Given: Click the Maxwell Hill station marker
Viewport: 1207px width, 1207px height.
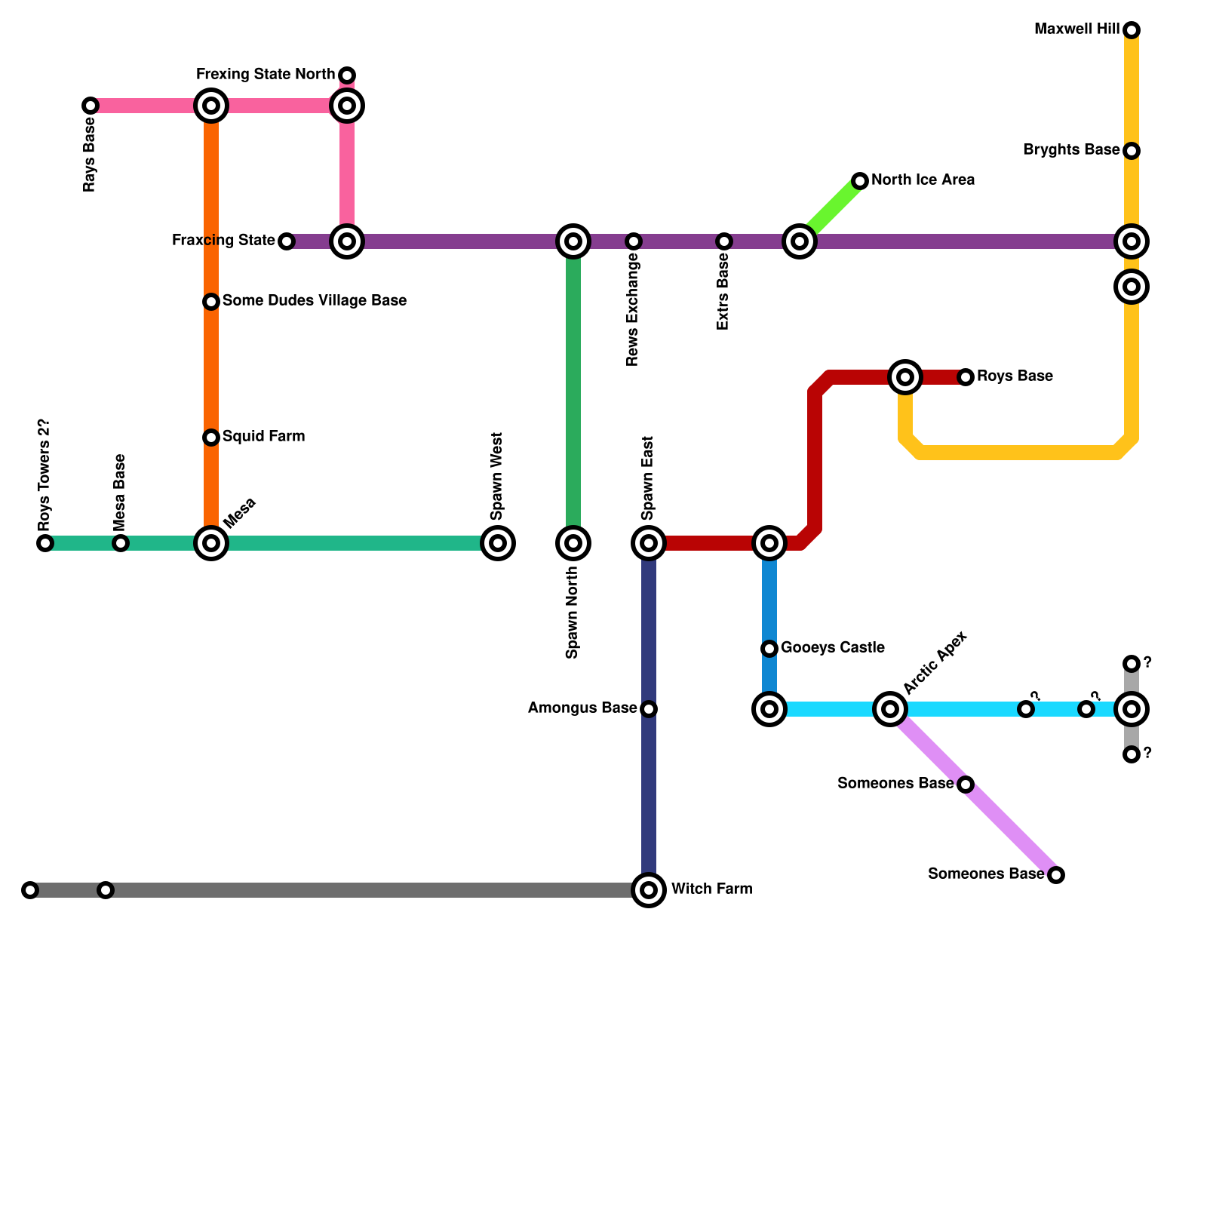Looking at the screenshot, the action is point(1132,30).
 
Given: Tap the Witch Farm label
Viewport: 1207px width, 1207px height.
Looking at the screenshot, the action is point(711,889).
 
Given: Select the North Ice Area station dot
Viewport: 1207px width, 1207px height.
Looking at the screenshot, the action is point(860,181).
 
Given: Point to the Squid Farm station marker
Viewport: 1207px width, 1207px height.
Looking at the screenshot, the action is point(211,438).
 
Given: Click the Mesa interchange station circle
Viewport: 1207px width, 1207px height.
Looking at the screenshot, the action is point(211,543).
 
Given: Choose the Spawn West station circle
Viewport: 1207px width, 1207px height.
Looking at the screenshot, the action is point(498,543).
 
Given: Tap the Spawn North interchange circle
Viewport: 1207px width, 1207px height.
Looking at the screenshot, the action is point(573,543).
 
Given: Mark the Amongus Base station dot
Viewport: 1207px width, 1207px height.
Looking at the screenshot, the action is point(649,709).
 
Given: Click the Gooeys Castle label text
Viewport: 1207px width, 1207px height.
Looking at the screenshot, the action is point(832,648).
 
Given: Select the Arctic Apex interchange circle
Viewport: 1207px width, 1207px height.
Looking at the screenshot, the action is point(890,709).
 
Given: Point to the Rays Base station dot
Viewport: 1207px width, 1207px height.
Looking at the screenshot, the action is point(91,106).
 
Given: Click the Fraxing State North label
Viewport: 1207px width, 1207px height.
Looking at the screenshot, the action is point(265,75).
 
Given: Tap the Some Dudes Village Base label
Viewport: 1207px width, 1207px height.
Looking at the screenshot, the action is point(315,301).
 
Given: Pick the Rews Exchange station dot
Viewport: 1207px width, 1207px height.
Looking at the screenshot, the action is point(634,241).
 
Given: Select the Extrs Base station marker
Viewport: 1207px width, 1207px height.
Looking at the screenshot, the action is point(724,241).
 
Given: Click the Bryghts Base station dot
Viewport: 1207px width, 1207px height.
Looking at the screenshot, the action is point(1132,151).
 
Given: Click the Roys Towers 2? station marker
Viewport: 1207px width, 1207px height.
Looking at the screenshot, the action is point(45,543).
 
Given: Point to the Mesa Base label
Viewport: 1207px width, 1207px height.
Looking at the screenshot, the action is point(120,492).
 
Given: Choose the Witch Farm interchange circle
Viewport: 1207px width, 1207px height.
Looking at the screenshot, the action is point(649,890).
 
